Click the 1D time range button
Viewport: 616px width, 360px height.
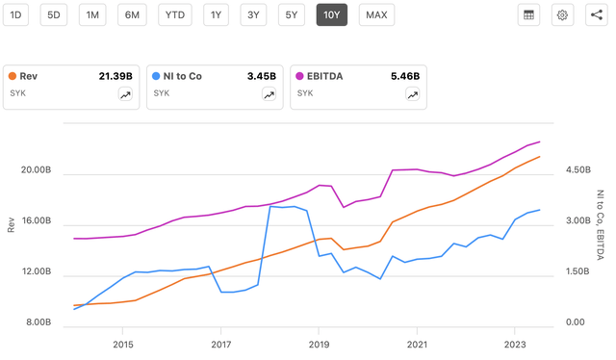coord(15,14)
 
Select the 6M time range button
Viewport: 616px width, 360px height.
coord(133,14)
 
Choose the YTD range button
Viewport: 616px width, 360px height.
coord(175,14)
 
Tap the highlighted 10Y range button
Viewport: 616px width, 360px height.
coord(332,14)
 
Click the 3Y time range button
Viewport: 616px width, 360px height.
coord(253,14)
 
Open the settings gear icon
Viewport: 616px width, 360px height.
coord(563,14)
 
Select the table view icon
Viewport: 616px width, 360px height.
coord(528,14)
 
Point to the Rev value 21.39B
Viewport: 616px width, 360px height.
coord(115,75)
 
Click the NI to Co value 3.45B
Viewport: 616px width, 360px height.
coord(261,75)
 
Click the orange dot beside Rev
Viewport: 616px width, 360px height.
coord(12,75)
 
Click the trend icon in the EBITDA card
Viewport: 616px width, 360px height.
coord(412,94)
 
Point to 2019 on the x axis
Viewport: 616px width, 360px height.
coord(319,344)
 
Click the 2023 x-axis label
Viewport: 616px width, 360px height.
coord(515,344)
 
